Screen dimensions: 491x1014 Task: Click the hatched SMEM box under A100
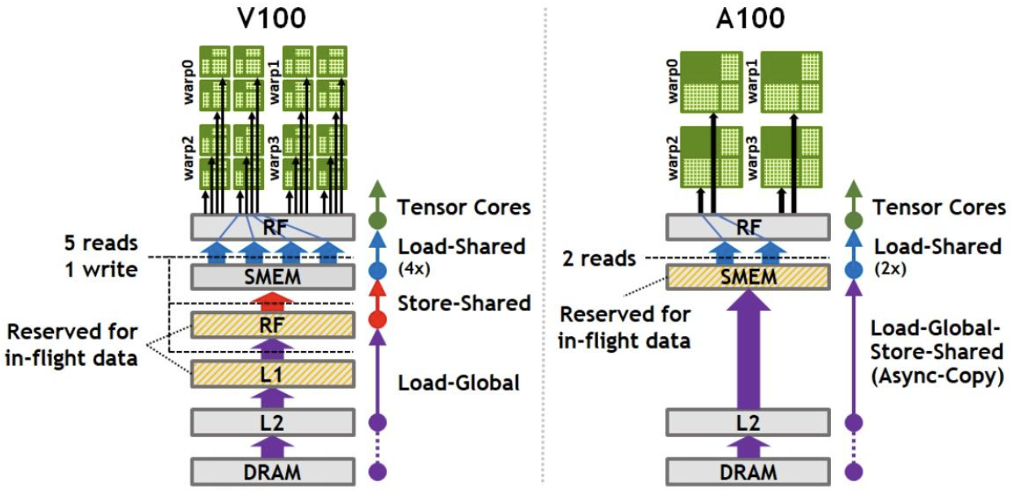tap(747, 276)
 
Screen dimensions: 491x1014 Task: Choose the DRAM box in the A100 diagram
tap(747, 471)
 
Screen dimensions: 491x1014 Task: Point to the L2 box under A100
tap(747, 423)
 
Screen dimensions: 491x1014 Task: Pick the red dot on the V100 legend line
tap(378, 319)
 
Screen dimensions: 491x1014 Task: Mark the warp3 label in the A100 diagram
tap(753, 156)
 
